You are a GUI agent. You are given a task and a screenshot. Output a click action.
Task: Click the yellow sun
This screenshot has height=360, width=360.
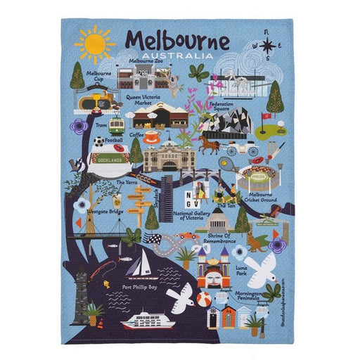tap(94, 44)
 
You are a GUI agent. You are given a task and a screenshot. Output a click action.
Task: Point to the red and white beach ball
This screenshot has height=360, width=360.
tap(203, 301)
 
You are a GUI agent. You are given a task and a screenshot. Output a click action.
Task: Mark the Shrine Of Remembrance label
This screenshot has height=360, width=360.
tap(218, 238)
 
